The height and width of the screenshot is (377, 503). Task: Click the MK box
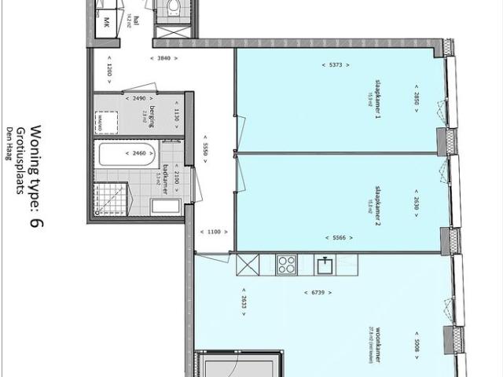[x=102, y=23]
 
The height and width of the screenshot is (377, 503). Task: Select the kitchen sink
[x=325, y=265]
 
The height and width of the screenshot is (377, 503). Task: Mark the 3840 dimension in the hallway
[x=163, y=58]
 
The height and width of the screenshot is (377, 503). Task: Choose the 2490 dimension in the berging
[x=139, y=98]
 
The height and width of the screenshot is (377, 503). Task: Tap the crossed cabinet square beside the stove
[x=249, y=265]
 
